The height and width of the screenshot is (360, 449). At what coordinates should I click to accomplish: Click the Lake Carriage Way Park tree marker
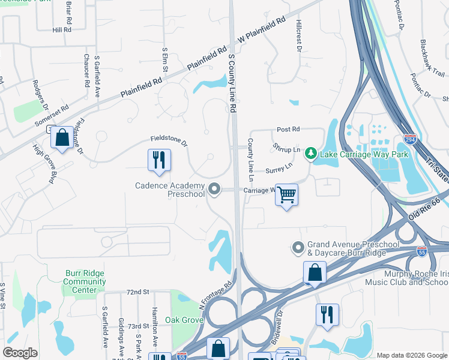pyautogui.click(x=310, y=154)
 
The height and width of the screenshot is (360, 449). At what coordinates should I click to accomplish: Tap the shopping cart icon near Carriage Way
pyautogui.click(x=287, y=194)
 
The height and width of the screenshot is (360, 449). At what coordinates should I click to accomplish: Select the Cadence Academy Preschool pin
pyautogui.click(x=214, y=190)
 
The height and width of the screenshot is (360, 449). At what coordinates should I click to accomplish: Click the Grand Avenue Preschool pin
pyautogui.click(x=298, y=247)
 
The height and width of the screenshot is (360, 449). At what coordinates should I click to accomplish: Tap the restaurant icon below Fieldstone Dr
pyautogui.click(x=159, y=160)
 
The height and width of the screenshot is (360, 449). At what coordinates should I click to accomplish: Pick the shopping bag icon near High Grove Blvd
pyautogui.click(x=62, y=137)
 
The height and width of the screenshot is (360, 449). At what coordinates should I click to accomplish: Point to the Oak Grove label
pyautogui.click(x=184, y=320)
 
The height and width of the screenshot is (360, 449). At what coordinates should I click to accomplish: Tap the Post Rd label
pyautogui.click(x=288, y=129)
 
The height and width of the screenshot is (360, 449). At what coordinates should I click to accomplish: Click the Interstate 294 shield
pyautogui.click(x=411, y=139)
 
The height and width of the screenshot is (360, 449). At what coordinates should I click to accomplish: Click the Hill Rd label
pyautogui.click(x=62, y=29)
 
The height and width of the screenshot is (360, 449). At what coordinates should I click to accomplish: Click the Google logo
pyautogui.click(x=20, y=353)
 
